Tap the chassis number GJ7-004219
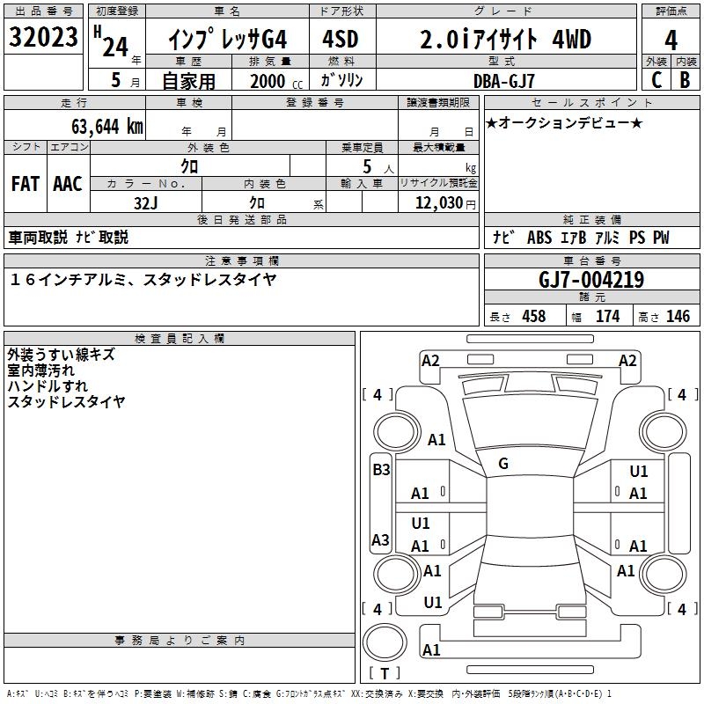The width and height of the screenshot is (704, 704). tap(590, 280)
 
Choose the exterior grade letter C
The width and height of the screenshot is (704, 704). tap(656, 80)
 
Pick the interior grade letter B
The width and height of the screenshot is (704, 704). tap(686, 80)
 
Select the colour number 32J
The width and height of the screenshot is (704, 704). tap(145, 202)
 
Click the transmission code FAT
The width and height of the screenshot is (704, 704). tap(26, 184)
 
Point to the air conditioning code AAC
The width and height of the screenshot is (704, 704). tap(68, 184)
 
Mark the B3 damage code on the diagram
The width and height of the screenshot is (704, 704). tap(380, 470)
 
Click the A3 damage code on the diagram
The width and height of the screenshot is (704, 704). tap(380, 539)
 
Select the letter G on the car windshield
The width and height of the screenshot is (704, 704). tap(503, 464)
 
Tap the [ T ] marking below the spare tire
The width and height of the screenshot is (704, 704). tap(385, 673)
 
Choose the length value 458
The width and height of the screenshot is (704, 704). tap(533, 317)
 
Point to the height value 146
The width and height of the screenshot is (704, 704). tap(678, 317)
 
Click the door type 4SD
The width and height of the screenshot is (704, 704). tap(341, 39)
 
